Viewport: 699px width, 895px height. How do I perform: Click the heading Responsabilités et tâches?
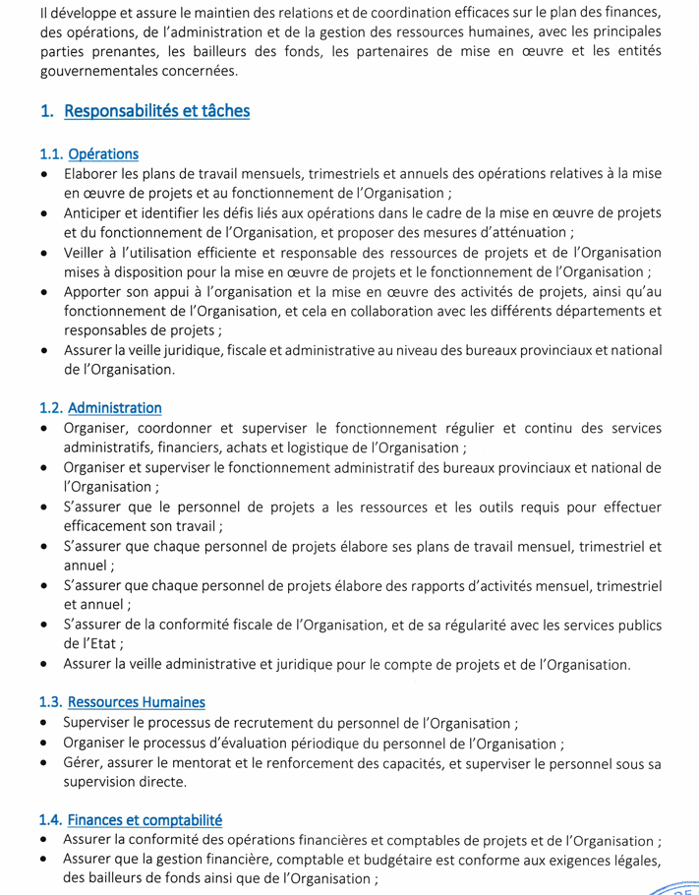pos(156,111)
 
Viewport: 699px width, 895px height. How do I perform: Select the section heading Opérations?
pos(103,154)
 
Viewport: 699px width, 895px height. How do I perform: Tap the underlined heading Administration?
pos(115,408)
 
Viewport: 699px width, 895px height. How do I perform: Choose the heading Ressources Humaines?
pos(137,702)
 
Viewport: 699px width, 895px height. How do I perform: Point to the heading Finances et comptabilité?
pos(145,820)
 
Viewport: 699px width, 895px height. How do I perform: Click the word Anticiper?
pos(94,213)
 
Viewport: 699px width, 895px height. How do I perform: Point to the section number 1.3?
pos(50,702)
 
